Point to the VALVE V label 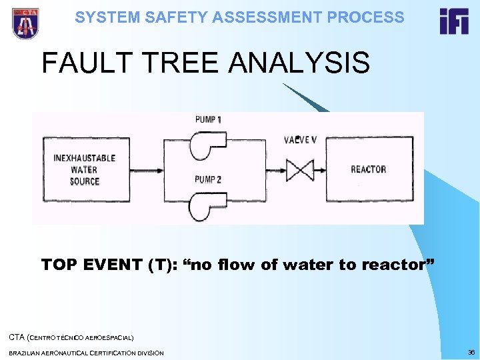(x=300, y=140)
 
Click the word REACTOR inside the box (x=368, y=169)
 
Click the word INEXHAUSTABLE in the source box (x=85, y=158)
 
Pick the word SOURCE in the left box (x=85, y=181)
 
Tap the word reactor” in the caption (x=398, y=265)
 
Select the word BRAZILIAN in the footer (x=29, y=352)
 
